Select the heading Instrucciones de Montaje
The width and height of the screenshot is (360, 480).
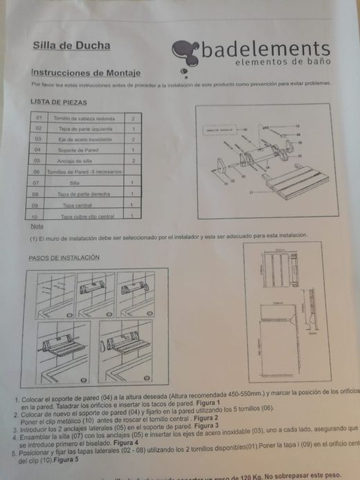coord(86,72)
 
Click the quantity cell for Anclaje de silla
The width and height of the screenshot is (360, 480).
coord(132,160)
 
